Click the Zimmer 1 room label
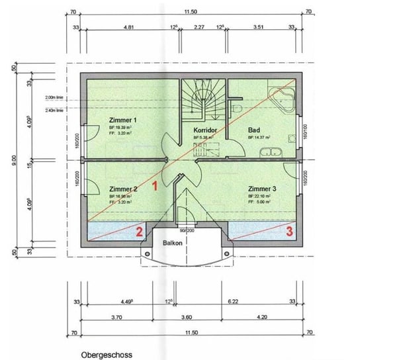tap(122, 120)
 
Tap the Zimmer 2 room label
tap(122, 189)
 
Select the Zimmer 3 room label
tap(261, 189)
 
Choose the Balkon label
tap(173, 243)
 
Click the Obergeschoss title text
tap(107, 355)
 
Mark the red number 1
tap(155, 187)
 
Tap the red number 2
tap(139, 231)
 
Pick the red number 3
tap(289, 231)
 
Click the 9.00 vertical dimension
tap(14, 159)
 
